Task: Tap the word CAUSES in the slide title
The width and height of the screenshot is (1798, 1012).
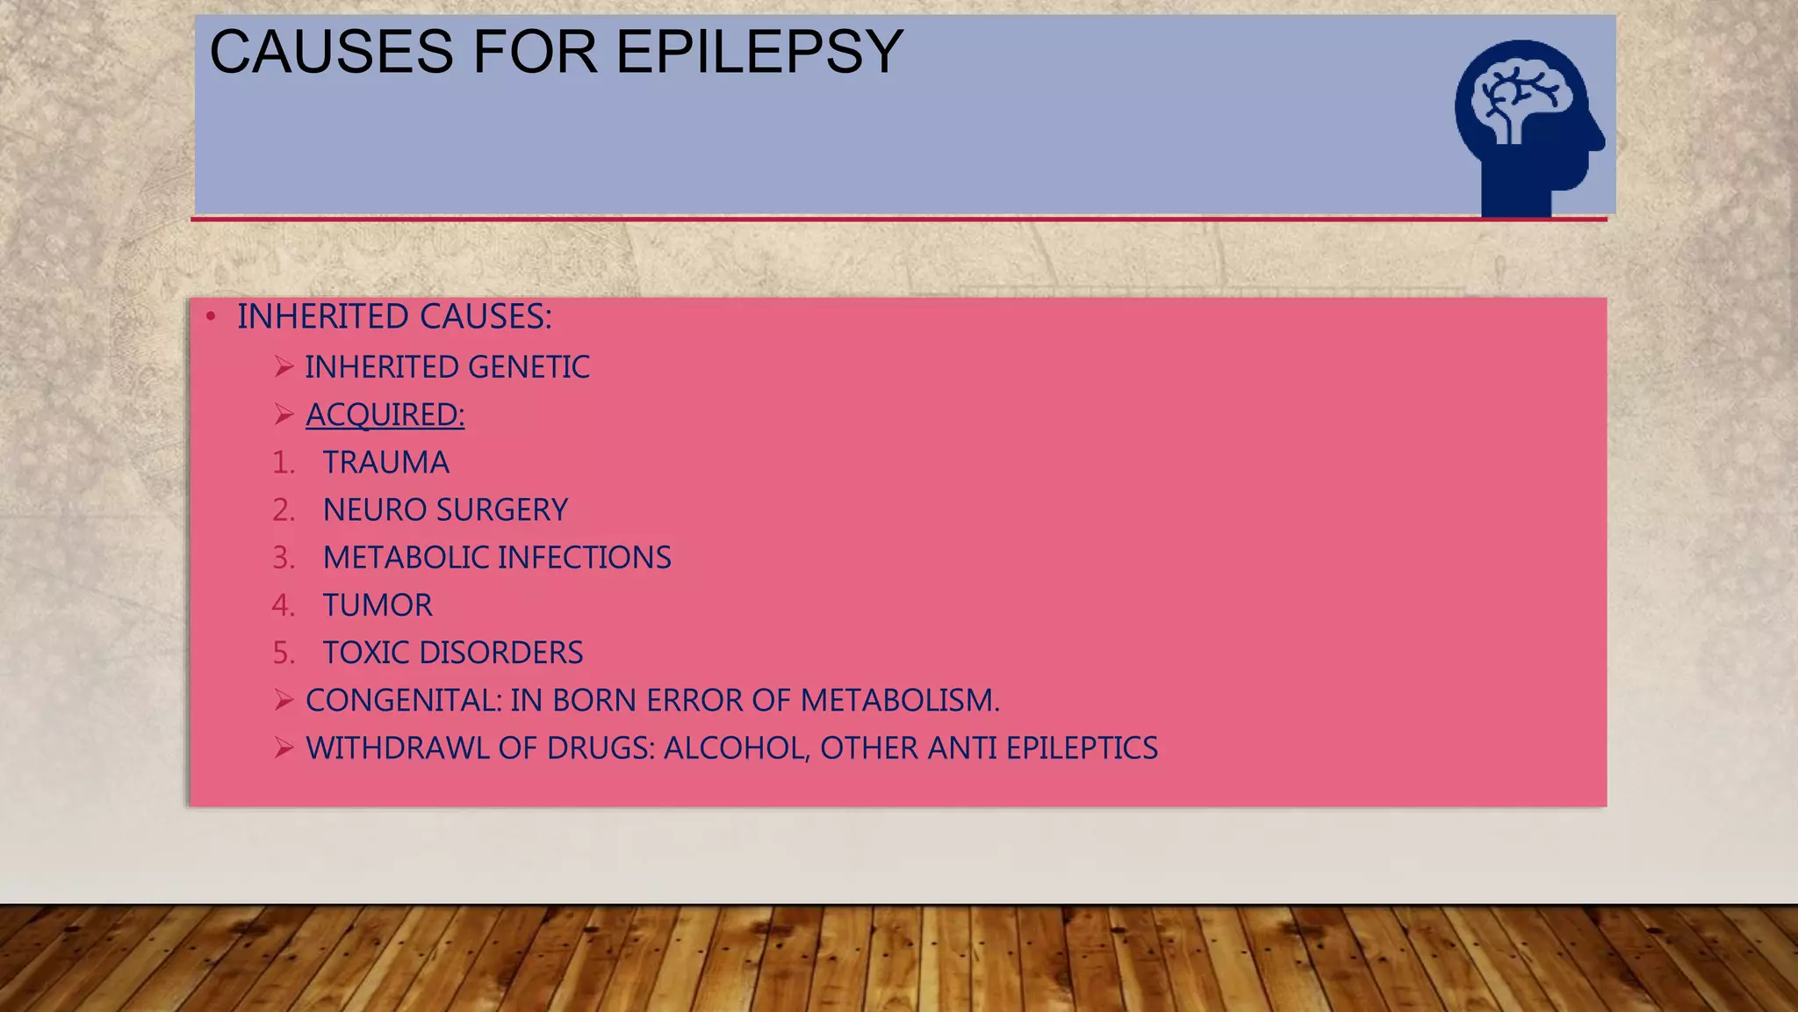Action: (331, 53)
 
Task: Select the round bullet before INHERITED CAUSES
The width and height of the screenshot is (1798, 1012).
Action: (211, 317)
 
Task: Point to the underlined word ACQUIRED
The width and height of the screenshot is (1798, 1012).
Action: (384, 415)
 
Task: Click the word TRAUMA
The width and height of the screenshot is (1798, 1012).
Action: (385, 462)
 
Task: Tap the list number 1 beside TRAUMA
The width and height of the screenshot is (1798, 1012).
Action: (282, 462)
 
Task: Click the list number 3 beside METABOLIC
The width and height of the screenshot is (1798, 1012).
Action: (282, 558)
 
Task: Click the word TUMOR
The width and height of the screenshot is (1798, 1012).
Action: (378, 605)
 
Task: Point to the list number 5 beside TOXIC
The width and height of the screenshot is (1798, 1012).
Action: (282, 653)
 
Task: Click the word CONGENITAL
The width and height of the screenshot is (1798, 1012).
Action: (403, 700)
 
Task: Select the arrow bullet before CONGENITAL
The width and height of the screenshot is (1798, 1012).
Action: (283, 700)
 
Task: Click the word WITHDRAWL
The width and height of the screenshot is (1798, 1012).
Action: (397, 748)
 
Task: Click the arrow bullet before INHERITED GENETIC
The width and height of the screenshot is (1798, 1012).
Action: (283, 366)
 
